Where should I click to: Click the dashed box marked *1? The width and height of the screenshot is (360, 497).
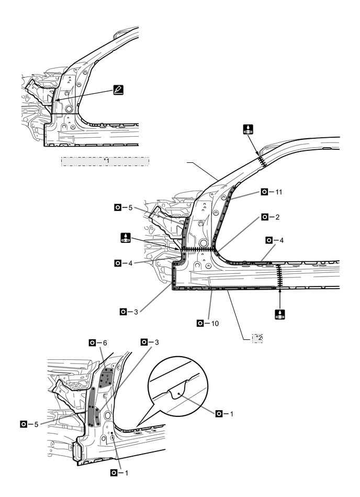coord(105,161)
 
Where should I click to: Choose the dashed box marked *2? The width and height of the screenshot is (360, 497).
coord(257,338)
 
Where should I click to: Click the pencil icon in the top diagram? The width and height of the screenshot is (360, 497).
coord(119,90)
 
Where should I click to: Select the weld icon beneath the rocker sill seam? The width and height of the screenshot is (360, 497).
coord(281,314)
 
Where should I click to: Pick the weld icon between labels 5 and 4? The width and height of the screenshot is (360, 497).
coord(126,237)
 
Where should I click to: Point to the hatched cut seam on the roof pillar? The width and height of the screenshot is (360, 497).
coord(261,159)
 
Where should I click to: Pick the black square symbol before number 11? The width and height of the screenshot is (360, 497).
coord(265,192)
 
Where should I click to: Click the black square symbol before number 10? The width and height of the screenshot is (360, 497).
coord(200,323)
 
